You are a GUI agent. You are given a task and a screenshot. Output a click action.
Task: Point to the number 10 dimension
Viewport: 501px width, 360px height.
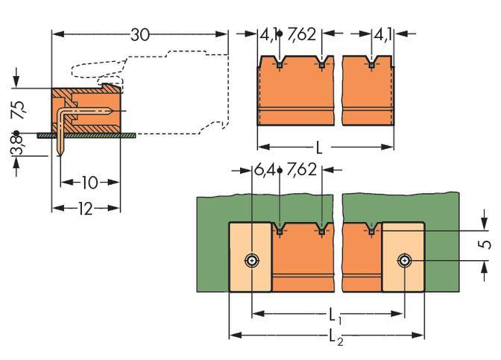point(89,183)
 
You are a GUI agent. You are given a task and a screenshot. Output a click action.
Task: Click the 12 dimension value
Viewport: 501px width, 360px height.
point(85,209)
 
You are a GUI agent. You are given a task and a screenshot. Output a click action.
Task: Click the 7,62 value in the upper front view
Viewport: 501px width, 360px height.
point(300,34)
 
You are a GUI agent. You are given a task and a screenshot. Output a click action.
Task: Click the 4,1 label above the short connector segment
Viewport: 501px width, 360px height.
point(382,34)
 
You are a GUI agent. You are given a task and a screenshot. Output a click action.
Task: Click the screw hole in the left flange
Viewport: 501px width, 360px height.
point(253,261)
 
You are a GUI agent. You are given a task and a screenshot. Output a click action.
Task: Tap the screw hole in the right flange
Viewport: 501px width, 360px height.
point(404,261)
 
